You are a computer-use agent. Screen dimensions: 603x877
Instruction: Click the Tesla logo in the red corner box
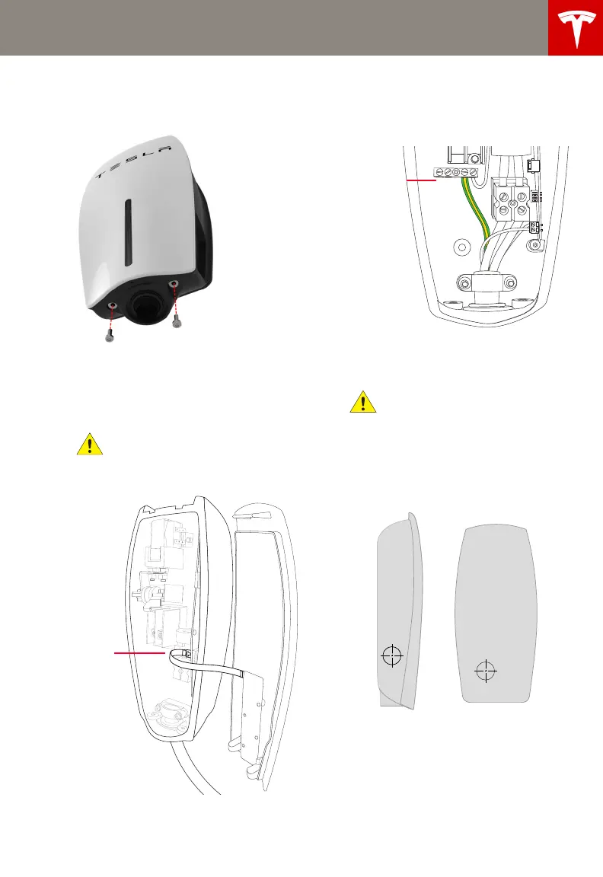(x=576, y=27)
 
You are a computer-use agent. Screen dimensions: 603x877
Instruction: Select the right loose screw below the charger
(x=177, y=322)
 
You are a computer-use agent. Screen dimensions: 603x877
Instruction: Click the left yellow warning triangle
(x=90, y=444)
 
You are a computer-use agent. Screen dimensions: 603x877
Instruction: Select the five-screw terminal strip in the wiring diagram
(x=455, y=174)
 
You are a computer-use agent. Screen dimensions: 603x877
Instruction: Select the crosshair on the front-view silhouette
(x=485, y=671)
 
